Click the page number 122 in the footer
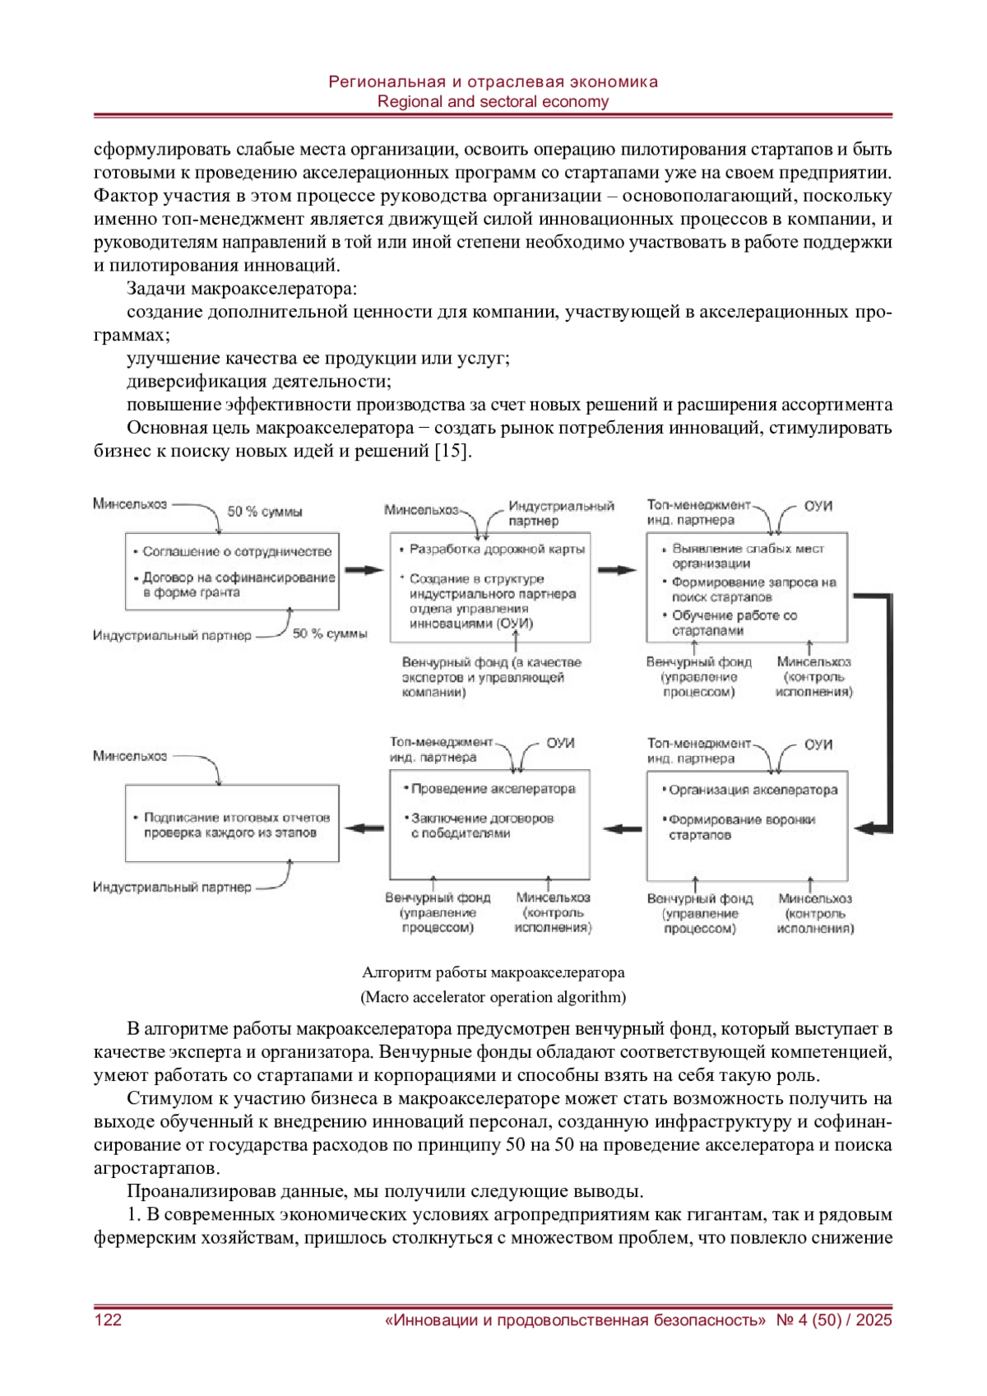tap(109, 1320)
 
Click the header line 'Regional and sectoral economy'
tap(493, 102)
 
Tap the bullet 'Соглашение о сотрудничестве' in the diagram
tap(237, 552)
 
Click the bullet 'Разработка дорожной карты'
tap(497, 549)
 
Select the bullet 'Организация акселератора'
tap(753, 790)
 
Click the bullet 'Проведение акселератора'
tap(493, 789)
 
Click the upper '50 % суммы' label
tap(265, 512)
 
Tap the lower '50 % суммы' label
tap(330, 633)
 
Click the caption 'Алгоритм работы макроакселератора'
tap(493, 972)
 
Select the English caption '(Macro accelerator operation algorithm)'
tap(493, 997)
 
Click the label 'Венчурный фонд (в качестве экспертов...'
tap(491, 677)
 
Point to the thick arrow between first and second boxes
tap(364, 570)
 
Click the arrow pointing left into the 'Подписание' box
tap(364, 828)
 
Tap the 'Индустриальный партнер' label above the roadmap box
tap(560, 513)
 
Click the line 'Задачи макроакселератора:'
tap(242, 289)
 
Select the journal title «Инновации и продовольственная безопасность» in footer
tap(575, 1320)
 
